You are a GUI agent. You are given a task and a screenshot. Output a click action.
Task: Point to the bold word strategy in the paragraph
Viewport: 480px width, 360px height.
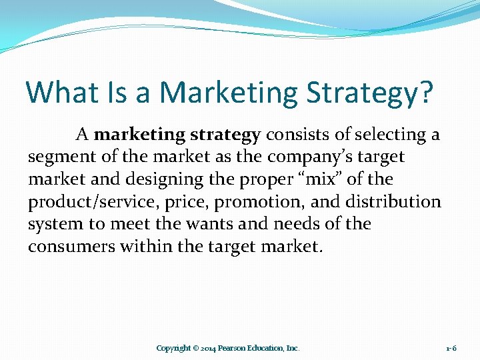click(x=225, y=135)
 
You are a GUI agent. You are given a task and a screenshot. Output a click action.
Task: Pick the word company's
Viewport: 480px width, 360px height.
click(x=302, y=158)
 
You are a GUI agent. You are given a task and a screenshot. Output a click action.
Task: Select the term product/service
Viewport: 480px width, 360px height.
click(x=95, y=202)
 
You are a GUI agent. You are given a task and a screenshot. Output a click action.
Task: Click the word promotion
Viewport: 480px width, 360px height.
click(x=255, y=202)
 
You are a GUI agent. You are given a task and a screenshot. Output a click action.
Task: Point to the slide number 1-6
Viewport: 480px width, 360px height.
click(x=451, y=348)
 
